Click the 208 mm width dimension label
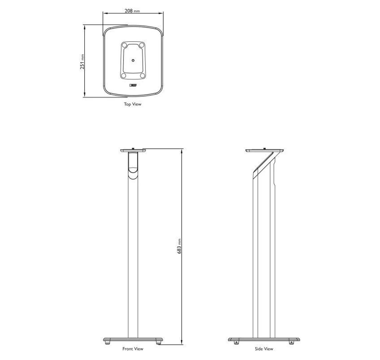coord(132,11)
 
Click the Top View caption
coord(132,104)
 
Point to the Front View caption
coord(133,349)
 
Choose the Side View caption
coord(264,349)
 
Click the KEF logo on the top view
coord(133,85)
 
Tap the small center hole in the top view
coord(133,60)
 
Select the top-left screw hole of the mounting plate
coord(124,46)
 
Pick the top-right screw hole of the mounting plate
coord(142,46)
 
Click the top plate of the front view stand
coord(133,151)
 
